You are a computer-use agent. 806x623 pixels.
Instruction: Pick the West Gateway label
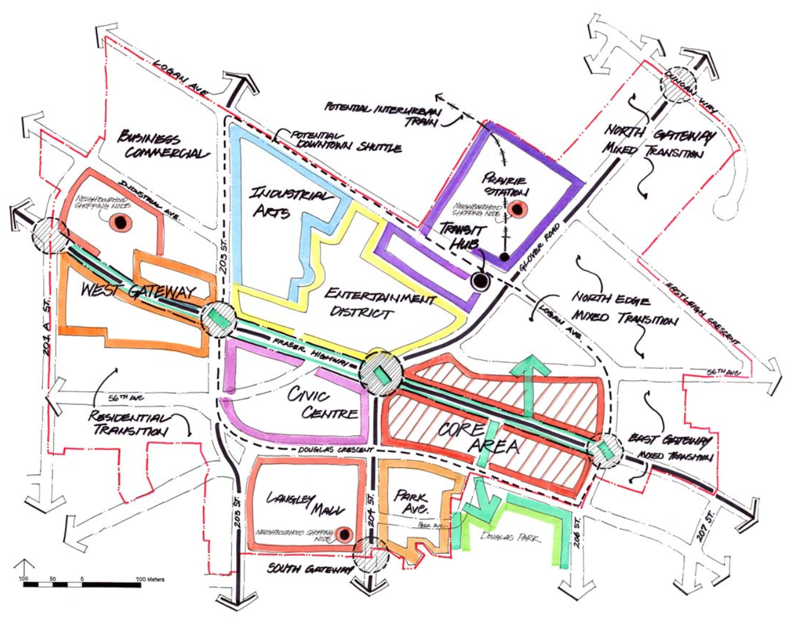(139, 291)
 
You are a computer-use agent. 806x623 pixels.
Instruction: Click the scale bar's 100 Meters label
(150, 579)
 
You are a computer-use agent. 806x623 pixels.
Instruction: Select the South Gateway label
(309, 569)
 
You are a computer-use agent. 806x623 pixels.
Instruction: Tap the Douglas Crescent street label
(336, 450)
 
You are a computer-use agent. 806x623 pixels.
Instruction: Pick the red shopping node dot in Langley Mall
(345, 534)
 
